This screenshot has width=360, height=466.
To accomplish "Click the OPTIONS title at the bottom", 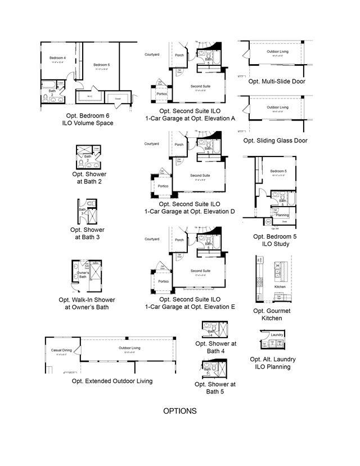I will (x=180, y=411).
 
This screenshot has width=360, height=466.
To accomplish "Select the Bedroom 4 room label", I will (x=57, y=58).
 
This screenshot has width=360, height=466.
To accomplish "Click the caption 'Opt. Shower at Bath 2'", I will (x=89, y=178).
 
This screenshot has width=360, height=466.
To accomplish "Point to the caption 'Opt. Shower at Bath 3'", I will (x=87, y=234).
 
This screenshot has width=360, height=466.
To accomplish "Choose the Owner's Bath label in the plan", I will (x=82, y=274).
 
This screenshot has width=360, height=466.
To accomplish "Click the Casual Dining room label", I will (x=61, y=350).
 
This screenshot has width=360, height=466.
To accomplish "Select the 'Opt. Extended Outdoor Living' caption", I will (x=112, y=381).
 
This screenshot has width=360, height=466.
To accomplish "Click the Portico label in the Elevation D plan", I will (x=163, y=185).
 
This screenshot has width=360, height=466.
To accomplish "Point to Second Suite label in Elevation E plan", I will (x=200, y=271).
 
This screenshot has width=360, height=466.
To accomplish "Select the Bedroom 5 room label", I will (x=278, y=171).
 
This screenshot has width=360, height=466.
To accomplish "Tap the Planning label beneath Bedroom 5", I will (x=282, y=215).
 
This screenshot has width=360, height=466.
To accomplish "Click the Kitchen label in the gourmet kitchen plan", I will (x=280, y=286).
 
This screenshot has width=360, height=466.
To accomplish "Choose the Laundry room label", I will (x=277, y=335).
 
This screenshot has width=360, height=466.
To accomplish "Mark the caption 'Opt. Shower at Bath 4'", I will (x=216, y=347).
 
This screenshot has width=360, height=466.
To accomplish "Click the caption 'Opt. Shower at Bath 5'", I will (x=215, y=388).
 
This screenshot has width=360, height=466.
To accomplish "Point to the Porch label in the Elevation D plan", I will (x=179, y=145).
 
